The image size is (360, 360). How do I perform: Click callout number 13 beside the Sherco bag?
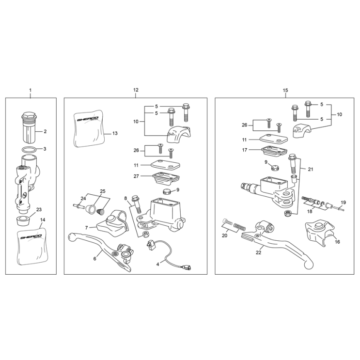[115, 133]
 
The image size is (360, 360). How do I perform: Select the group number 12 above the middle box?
[136, 90]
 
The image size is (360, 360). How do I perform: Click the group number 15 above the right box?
[285, 91]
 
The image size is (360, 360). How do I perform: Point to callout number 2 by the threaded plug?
[45, 132]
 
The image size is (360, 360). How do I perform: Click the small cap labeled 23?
[23, 221]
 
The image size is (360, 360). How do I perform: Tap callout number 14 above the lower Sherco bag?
[43, 220]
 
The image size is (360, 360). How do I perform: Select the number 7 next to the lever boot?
[86, 228]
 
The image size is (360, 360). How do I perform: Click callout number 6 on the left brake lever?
[95, 259]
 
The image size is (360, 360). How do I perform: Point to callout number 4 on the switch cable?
[158, 264]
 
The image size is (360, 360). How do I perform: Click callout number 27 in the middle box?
[136, 176]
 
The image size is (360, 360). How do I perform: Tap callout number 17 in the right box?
[245, 150]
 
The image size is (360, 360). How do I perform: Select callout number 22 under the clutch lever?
[258, 252]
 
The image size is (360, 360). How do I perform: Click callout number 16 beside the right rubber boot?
[337, 242]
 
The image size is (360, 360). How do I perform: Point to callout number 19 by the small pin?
[343, 203]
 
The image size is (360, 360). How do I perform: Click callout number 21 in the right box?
[311, 170]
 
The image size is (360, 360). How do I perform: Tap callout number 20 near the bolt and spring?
[224, 235]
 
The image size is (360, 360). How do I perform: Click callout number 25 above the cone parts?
[102, 191]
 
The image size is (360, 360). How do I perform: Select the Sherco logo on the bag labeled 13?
[88, 119]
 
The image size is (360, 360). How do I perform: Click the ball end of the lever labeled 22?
[308, 265]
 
